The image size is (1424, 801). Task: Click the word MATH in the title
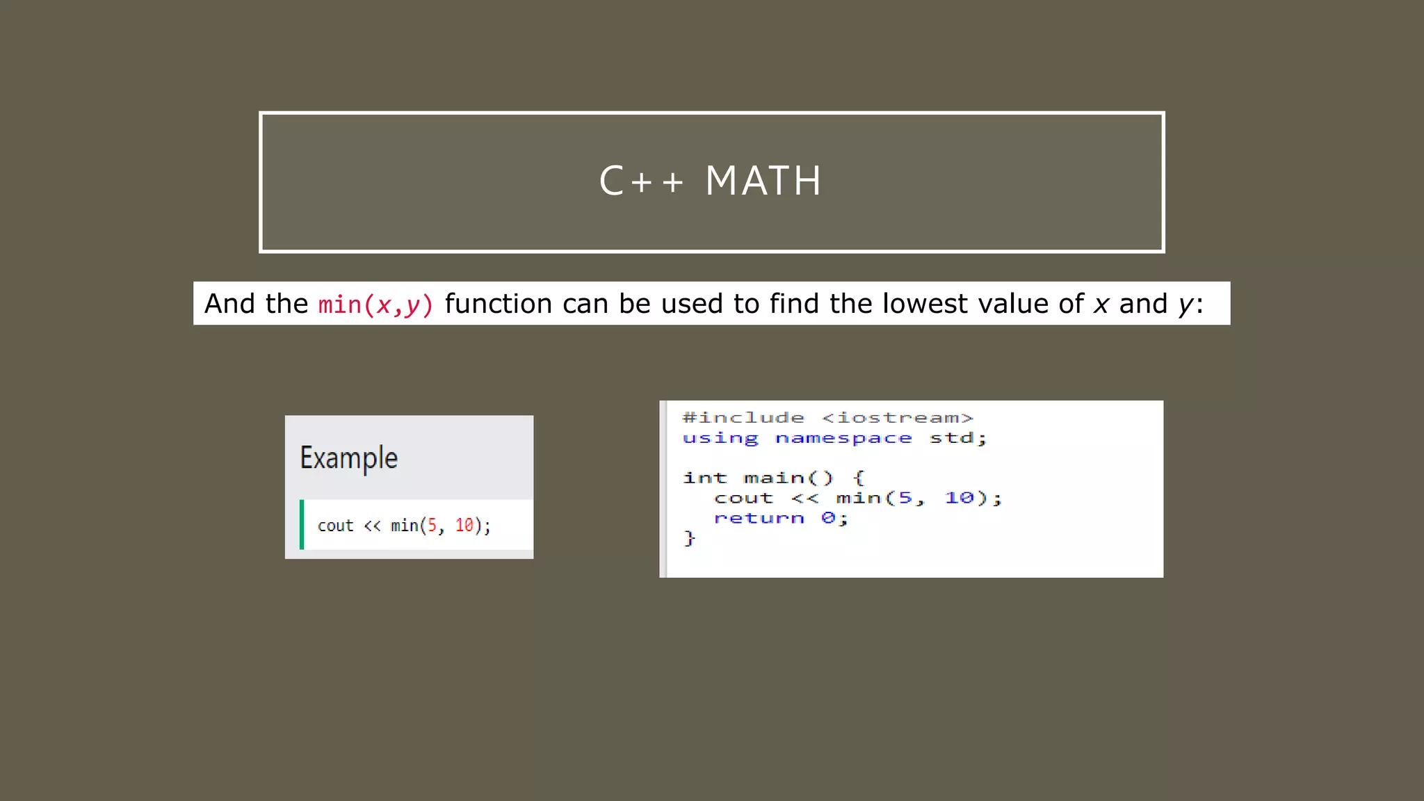coord(763,181)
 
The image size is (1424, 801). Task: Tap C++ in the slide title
coord(641,181)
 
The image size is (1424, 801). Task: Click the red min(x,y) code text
coord(375,305)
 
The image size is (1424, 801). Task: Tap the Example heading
coord(349,458)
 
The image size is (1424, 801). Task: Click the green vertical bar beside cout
coord(302,524)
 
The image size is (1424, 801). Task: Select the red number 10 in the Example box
coord(464,525)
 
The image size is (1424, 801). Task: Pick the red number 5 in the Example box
coord(432,525)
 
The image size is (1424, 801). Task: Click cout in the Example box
coord(335,526)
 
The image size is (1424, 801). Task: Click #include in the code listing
coord(743,418)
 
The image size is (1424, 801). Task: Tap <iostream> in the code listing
coord(897,418)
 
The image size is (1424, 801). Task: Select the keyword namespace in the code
coord(843,438)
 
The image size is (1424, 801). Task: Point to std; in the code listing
coord(957,438)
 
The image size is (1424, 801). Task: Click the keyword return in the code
coord(759,518)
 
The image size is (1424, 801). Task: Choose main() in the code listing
coord(788,478)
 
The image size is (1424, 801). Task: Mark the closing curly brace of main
coord(689,538)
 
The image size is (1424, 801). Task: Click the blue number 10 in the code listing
coord(959,498)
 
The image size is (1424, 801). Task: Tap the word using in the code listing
coord(720,438)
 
